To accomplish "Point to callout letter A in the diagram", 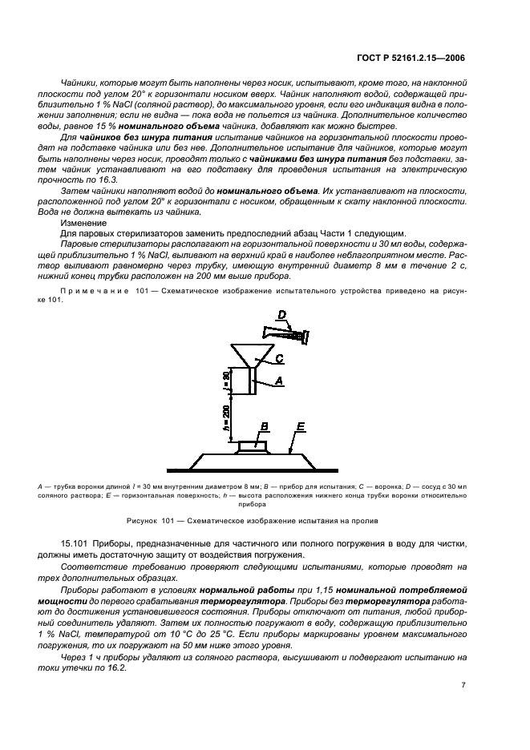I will pos(278,382).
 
